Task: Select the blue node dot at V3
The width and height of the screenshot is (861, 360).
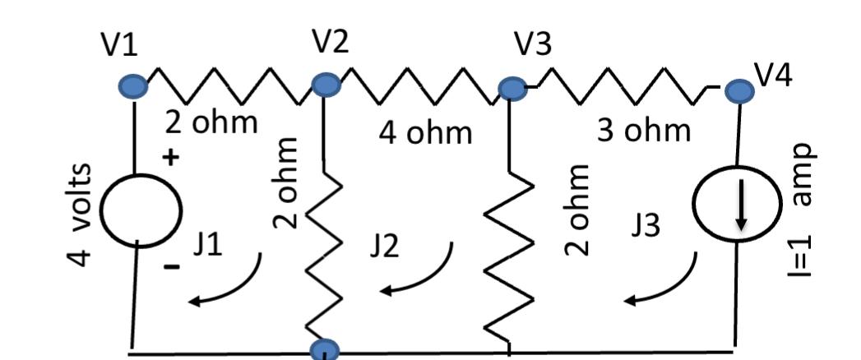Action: (512, 87)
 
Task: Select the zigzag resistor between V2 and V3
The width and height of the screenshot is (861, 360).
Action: (419, 85)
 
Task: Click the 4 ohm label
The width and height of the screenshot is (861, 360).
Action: (425, 132)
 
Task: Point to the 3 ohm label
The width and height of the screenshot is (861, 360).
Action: (644, 130)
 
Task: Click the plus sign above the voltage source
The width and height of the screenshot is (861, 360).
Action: (171, 158)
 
